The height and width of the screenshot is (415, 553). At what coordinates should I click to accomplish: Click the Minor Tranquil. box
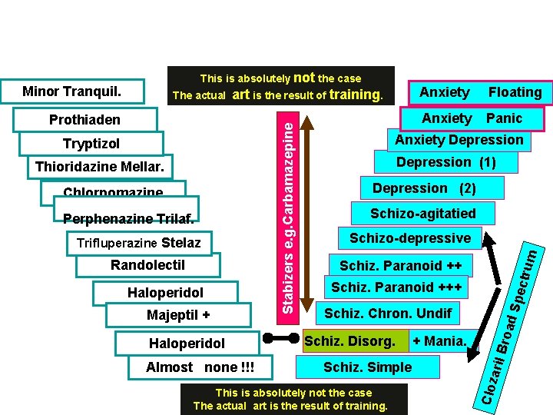72,92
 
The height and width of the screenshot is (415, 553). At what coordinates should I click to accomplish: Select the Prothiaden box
84,119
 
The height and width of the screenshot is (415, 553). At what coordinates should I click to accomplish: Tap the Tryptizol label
91,144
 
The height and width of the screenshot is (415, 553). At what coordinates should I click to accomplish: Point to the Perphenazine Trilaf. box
128,218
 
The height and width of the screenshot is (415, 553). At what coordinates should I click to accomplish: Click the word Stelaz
181,243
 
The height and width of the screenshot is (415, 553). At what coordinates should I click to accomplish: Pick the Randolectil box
147,266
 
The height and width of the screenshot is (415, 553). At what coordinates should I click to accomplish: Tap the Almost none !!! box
200,367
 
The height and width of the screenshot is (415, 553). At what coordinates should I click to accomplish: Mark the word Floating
515,92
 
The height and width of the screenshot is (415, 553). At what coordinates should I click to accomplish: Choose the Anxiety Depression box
459,140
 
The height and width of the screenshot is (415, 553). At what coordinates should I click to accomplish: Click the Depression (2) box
424,188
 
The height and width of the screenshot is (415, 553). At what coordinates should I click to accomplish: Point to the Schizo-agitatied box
423,214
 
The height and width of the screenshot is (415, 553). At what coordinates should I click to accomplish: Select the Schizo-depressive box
410,238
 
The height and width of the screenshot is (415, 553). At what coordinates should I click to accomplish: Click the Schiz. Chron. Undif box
388,313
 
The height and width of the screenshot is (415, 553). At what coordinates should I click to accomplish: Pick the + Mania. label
439,340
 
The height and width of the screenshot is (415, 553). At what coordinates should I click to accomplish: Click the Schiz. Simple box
367,367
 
